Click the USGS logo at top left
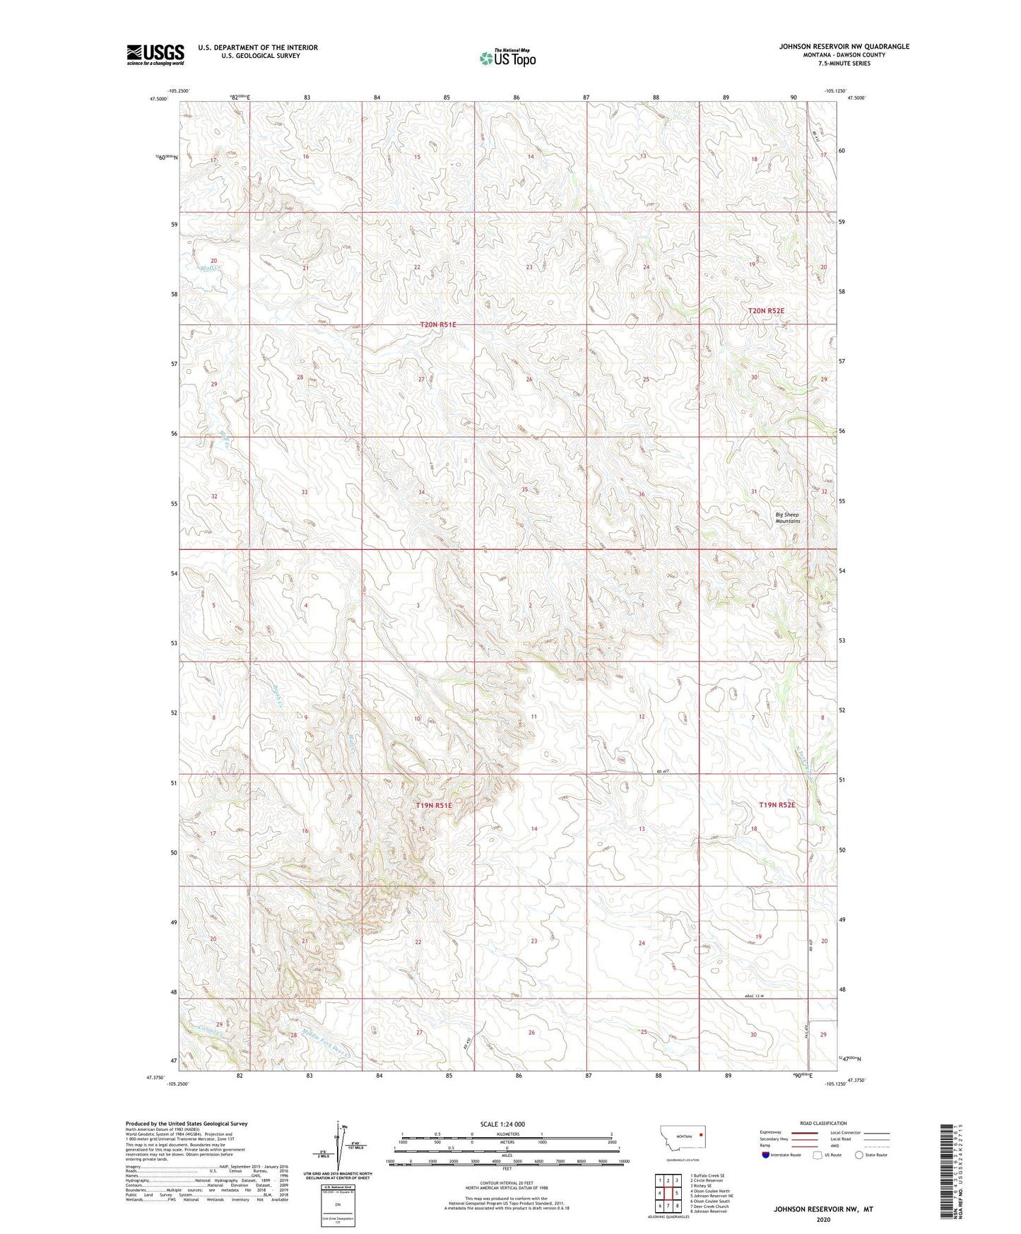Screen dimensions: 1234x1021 coord(155,54)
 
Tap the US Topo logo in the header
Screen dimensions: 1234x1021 coord(507,58)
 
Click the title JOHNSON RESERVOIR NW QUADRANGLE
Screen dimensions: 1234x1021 coord(844,47)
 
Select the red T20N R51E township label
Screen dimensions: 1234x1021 coord(438,324)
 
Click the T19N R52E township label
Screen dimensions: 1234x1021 coord(777,805)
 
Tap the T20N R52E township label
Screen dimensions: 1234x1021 coord(767,311)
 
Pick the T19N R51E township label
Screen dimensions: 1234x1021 coord(433,806)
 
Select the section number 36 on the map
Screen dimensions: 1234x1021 coord(641,494)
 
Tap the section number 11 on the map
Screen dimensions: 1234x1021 coord(533,717)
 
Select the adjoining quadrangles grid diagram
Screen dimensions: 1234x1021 coord(668,1192)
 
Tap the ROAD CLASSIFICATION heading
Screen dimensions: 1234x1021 coord(822,1123)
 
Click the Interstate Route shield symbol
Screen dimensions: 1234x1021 coord(765,1155)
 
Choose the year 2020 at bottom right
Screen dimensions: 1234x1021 coord(822,1219)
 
